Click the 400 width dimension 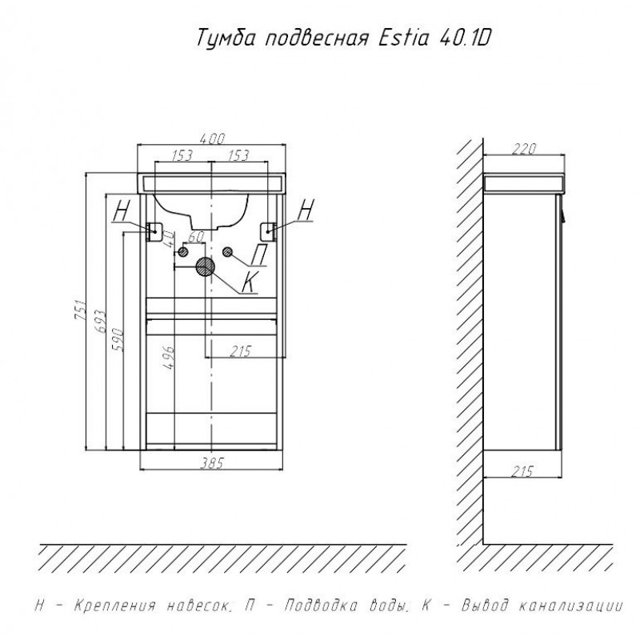click(211, 138)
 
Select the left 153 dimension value click(182, 155)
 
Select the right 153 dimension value click(239, 155)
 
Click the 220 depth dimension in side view click(524, 148)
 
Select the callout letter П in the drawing click(258, 255)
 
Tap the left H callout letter click(121, 211)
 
